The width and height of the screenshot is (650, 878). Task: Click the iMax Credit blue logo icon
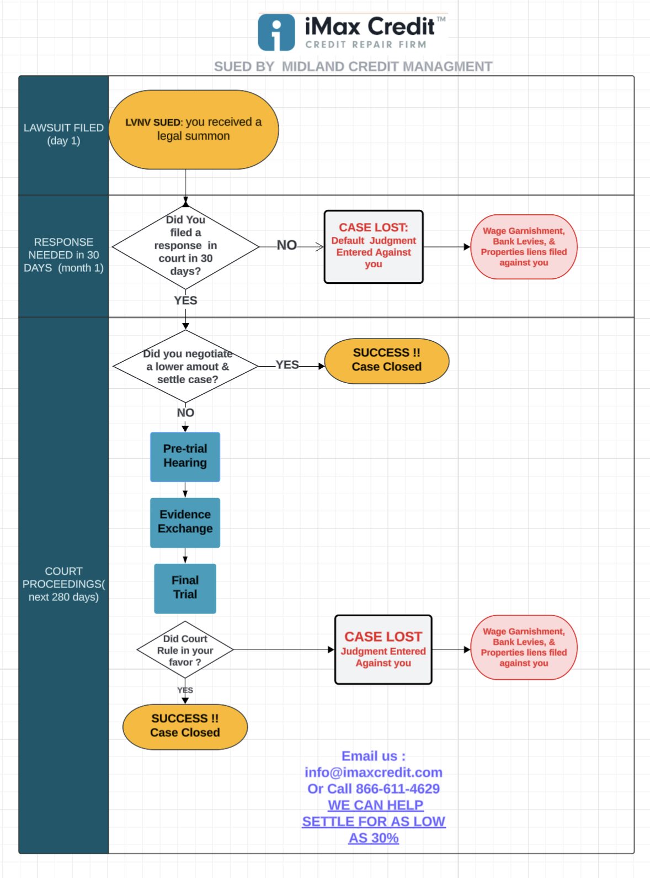pyautogui.click(x=276, y=33)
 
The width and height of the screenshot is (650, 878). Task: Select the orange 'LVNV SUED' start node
pyautogui.click(x=194, y=129)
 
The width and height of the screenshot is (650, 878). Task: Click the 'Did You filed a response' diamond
pyautogui.click(x=185, y=246)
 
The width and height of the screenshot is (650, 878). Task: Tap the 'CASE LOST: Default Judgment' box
pyautogui.click(x=374, y=247)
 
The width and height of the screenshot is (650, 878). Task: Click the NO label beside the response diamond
pyautogui.click(x=287, y=245)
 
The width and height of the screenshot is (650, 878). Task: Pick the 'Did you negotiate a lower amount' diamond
pyautogui.click(x=185, y=366)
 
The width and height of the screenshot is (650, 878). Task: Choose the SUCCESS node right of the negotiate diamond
pyautogui.click(x=386, y=361)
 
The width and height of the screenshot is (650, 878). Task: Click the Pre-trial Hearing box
pyautogui.click(x=185, y=457)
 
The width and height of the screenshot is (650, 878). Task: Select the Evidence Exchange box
pyautogui.click(x=185, y=522)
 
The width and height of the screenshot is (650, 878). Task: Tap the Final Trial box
pyautogui.click(x=185, y=588)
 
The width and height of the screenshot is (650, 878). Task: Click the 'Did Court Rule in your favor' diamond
pyautogui.click(x=185, y=649)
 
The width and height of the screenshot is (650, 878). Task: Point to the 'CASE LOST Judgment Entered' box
pyautogui.click(x=383, y=649)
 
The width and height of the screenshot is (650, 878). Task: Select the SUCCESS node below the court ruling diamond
pyautogui.click(x=185, y=726)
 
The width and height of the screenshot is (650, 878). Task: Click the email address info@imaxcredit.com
pyautogui.click(x=374, y=773)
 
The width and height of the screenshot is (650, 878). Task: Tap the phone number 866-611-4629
pyautogui.click(x=398, y=789)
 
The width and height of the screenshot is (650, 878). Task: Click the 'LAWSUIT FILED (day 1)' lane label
pyautogui.click(x=63, y=134)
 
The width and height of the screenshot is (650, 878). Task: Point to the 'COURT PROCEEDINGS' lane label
pyautogui.click(x=63, y=584)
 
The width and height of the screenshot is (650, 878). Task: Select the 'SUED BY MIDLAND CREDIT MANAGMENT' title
pyautogui.click(x=353, y=66)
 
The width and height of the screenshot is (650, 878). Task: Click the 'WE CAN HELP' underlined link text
pyautogui.click(x=375, y=805)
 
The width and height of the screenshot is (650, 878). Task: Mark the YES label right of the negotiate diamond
pyautogui.click(x=287, y=364)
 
